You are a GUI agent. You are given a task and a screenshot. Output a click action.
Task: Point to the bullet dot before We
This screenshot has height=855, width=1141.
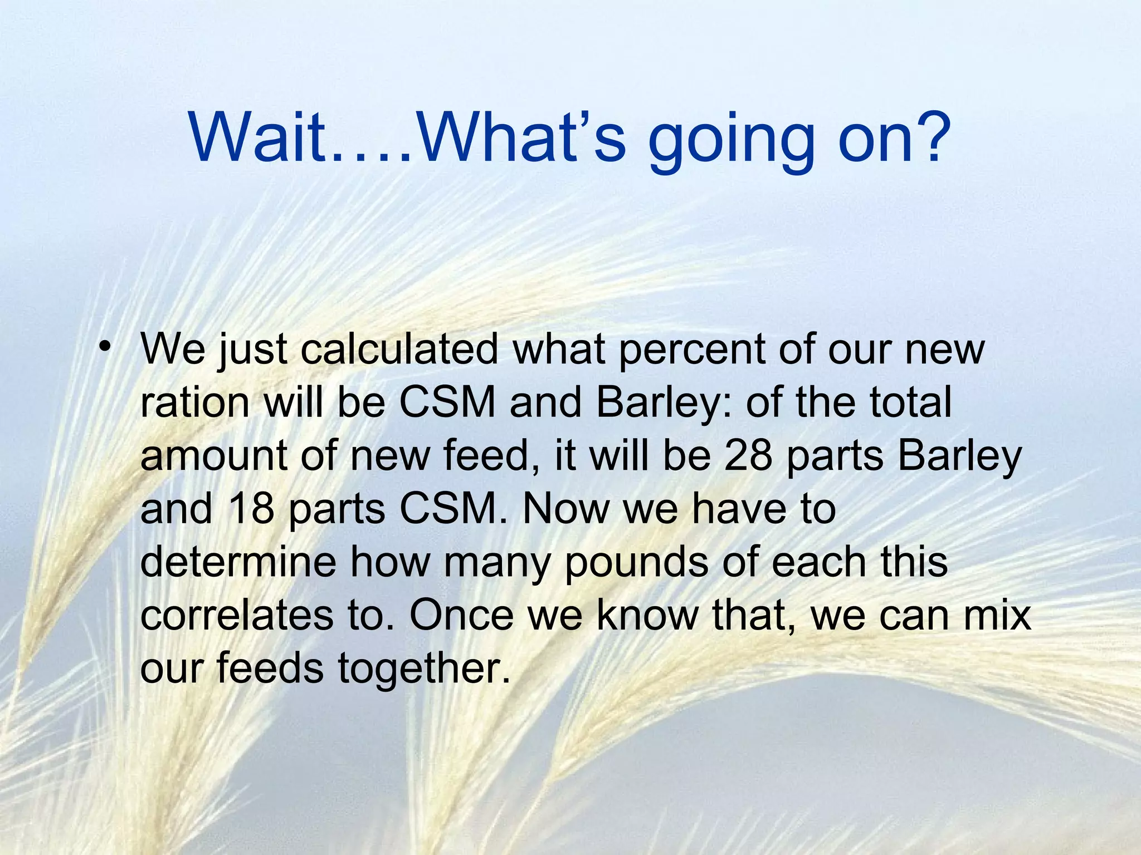[103, 348]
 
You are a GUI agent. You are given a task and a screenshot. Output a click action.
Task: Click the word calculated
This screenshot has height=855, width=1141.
[399, 350]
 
